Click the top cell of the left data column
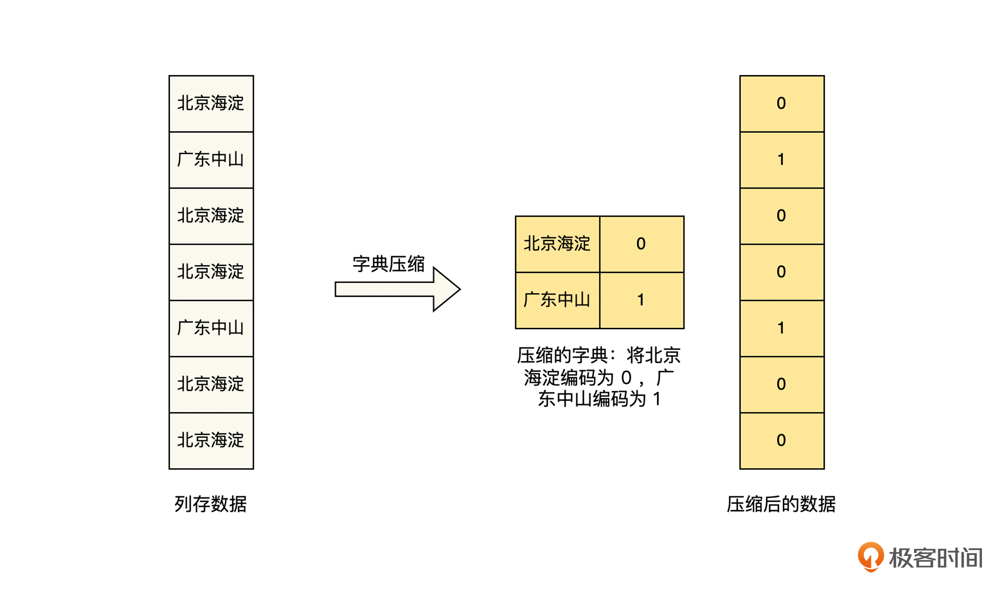[211, 103]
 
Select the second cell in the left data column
[211, 160]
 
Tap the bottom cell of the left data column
[211, 441]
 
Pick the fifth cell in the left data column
[211, 328]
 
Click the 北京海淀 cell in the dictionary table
[557, 244]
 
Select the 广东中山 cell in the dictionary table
[557, 300]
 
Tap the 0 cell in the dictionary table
[641, 244]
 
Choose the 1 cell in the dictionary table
[641, 300]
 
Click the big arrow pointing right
[397, 289]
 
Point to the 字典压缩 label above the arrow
[388, 264]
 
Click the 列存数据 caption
[211, 504]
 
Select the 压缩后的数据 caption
[781, 504]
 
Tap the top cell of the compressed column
[782, 103]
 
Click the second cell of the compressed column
[782, 160]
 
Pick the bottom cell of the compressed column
[782, 441]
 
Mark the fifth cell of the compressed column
[782, 328]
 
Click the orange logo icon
[870, 557]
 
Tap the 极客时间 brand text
[936, 558]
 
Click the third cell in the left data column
[211, 216]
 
